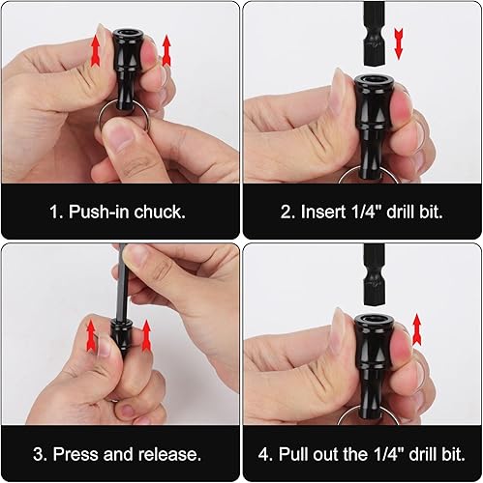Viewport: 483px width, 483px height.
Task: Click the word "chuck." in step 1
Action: pyautogui.click(x=160, y=212)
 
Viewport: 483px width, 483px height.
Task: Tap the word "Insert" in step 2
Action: pyautogui.click(x=322, y=212)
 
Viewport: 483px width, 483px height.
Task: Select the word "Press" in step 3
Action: pyautogui.click(x=76, y=454)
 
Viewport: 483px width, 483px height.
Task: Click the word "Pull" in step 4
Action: pyautogui.click(x=291, y=454)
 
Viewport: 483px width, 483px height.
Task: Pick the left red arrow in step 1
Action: pyautogui.click(x=95, y=50)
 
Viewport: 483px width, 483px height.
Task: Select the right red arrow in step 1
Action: pyautogui.click(x=166, y=50)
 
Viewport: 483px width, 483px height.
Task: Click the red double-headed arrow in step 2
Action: pyautogui.click(x=399, y=43)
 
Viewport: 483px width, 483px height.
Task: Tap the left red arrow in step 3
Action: pyautogui.click(x=91, y=335)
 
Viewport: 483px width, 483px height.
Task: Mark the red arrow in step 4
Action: pyautogui.click(x=417, y=328)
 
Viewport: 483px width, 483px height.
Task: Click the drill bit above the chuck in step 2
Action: pyautogui.click(x=374, y=34)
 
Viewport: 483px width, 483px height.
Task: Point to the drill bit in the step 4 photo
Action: pyautogui.click(x=374, y=274)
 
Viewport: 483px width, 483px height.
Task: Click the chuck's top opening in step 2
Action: pyautogui.click(x=374, y=79)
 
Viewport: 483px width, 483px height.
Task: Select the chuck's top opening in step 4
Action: pyautogui.click(x=374, y=320)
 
